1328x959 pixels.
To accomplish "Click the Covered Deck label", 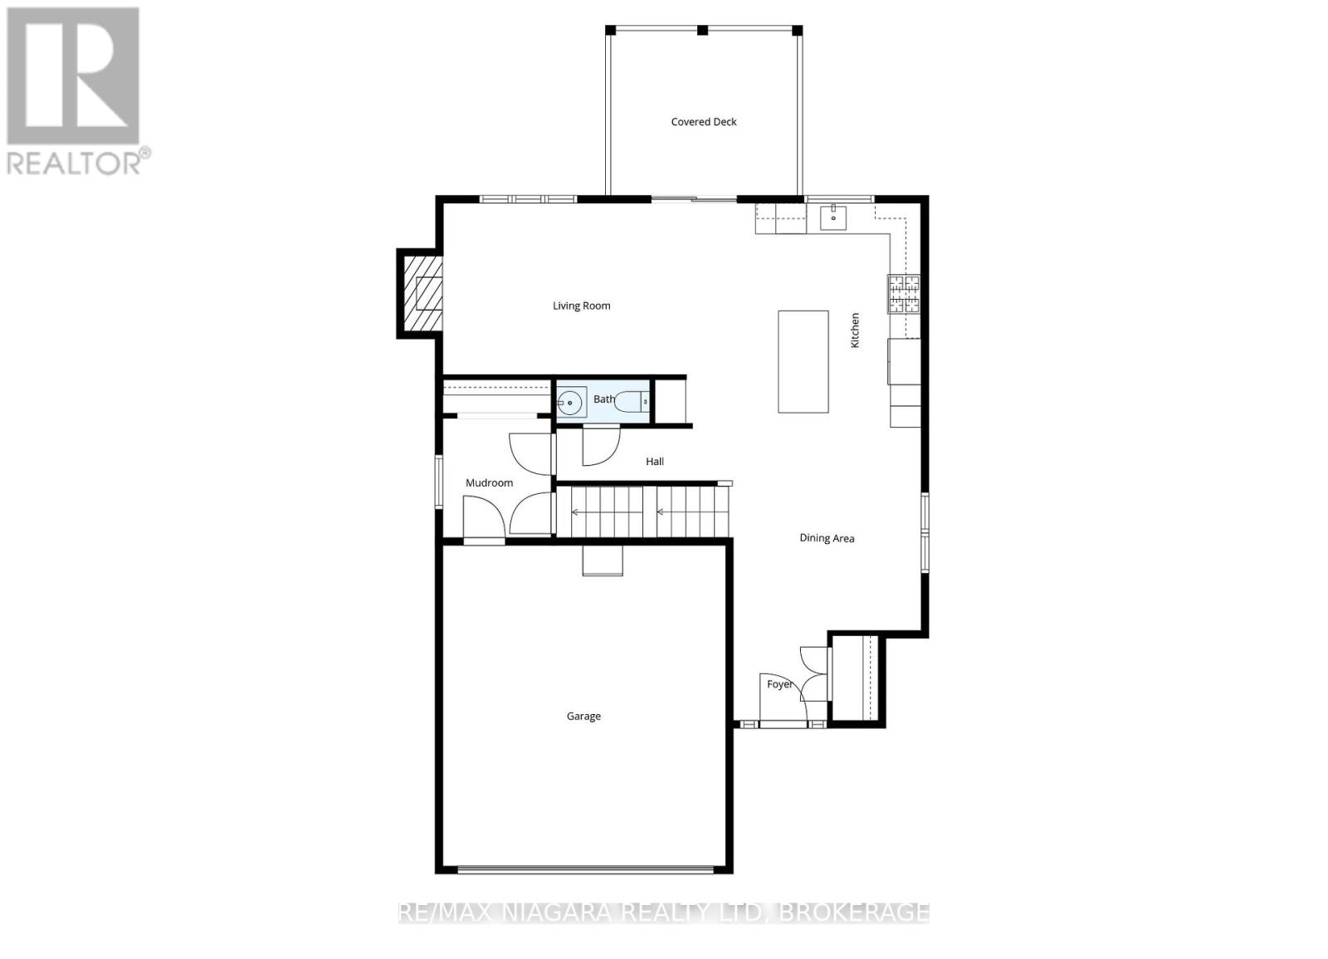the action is pyautogui.click(x=703, y=121).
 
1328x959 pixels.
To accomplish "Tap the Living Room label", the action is pyautogui.click(x=581, y=306).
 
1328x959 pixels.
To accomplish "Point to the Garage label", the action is pyautogui.click(x=583, y=717).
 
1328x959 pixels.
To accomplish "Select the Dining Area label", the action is pyautogui.click(x=827, y=538).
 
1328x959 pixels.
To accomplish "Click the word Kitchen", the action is pyautogui.click(x=854, y=330).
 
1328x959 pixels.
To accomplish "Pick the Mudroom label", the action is pyautogui.click(x=489, y=482).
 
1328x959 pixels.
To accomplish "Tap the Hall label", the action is pyautogui.click(x=655, y=462).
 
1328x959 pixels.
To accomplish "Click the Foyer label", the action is pyautogui.click(x=779, y=684).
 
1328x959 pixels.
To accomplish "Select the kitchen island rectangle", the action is pyautogui.click(x=803, y=361).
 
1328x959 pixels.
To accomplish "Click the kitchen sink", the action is pyautogui.click(x=833, y=217).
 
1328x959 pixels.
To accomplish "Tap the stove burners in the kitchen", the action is pyautogui.click(x=904, y=294).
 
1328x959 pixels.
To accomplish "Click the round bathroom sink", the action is pyautogui.click(x=570, y=403).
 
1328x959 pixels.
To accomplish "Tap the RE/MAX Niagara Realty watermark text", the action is pyautogui.click(x=664, y=913).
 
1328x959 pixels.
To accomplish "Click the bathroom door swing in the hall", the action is pyautogui.click(x=601, y=446).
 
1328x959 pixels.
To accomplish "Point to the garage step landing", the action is pyautogui.click(x=603, y=560).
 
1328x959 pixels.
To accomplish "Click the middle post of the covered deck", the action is pyautogui.click(x=702, y=30).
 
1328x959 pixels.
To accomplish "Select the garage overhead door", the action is pyautogui.click(x=585, y=871).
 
